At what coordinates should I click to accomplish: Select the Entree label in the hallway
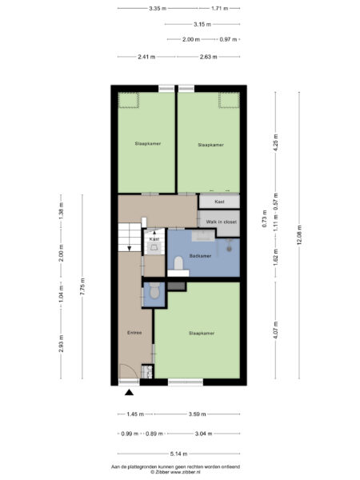pos(134,333)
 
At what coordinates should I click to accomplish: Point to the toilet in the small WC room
pos(154,294)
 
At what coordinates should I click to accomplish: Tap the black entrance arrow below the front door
pos(129,392)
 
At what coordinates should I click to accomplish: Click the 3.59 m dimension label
pos(196,414)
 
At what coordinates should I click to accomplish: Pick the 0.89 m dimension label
pos(152,433)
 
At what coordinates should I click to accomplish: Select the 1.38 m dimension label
pos(61,209)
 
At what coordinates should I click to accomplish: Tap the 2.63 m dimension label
pos(209,56)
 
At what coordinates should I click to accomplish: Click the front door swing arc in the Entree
pos(126,371)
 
